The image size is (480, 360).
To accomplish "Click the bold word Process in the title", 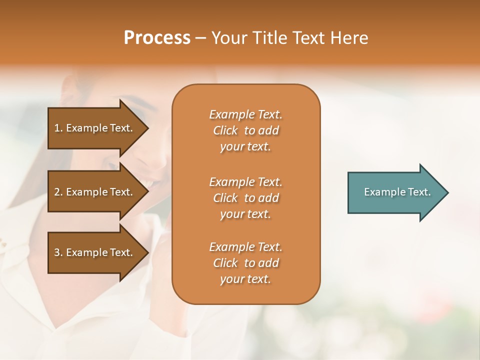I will click(x=157, y=38).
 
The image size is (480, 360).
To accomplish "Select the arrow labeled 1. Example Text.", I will click(x=95, y=128).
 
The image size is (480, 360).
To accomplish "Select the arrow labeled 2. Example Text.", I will click(x=95, y=192).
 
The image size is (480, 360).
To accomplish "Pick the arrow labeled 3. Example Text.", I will click(x=95, y=252).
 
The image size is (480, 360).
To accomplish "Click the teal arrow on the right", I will click(x=395, y=192).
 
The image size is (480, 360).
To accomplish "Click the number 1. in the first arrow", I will click(x=58, y=128).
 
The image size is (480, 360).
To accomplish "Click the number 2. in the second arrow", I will click(x=58, y=192).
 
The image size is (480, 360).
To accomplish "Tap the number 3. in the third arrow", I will click(x=58, y=252).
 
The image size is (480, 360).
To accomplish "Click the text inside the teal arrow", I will click(x=397, y=192).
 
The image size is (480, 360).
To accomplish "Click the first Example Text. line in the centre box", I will click(x=245, y=114).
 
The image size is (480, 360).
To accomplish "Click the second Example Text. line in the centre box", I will click(x=245, y=181).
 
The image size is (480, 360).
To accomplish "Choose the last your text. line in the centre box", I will click(x=245, y=279).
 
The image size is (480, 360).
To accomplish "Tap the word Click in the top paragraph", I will click(x=225, y=130).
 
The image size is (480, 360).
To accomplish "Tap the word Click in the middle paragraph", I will click(x=225, y=198).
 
